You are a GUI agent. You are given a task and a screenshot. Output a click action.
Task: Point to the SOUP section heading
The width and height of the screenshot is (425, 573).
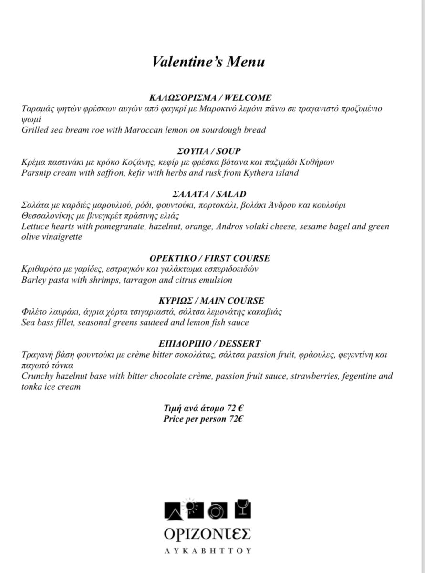coord(228,151)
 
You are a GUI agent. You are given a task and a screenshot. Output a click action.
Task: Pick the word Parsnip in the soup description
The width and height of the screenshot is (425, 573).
coord(38,173)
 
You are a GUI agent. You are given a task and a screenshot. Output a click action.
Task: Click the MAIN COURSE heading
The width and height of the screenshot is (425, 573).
coord(237,301)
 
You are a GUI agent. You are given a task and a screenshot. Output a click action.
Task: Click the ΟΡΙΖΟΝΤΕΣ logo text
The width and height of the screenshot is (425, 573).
coord(207,533)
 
